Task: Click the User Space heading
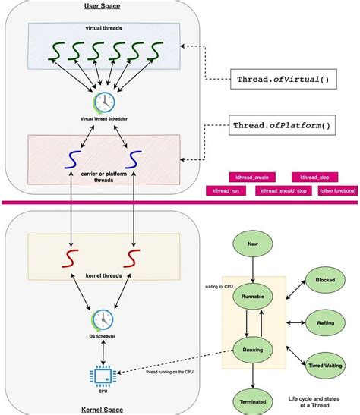pos(101,6)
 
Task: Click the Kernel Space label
pos(101,409)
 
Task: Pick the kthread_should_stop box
pos(283,190)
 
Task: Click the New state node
pos(253,245)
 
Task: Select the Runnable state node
pos(253,295)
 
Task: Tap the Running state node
pos(253,351)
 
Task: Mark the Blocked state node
pos(324,278)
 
